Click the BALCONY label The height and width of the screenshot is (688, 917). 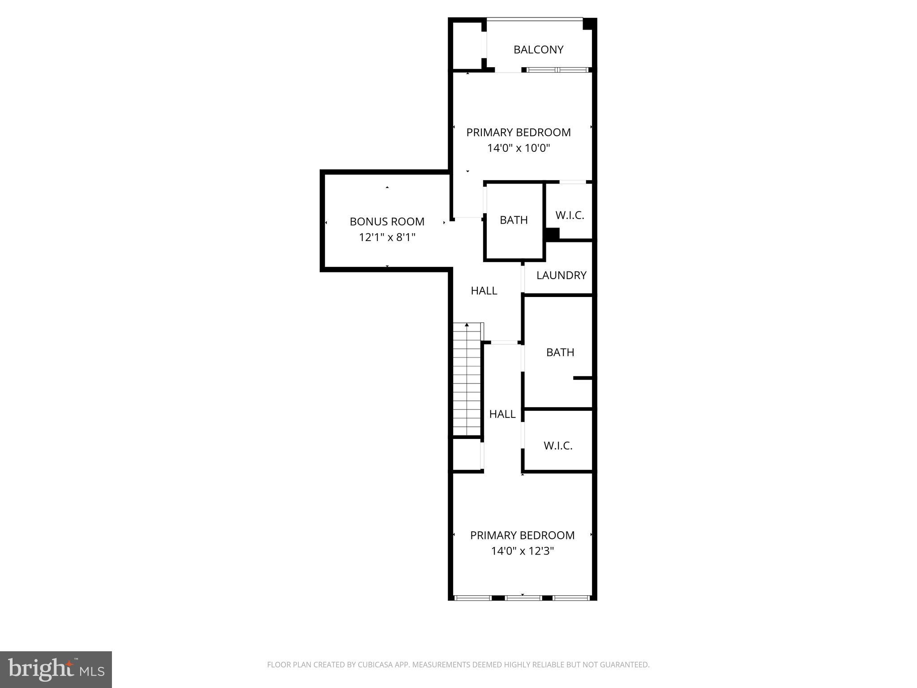click(x=538, y=50)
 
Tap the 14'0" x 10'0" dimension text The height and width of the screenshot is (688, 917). click(x=518, y=148)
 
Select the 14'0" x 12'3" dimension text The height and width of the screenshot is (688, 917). click(x=523, y=551)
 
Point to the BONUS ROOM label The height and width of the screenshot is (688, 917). click(x=387, y=222)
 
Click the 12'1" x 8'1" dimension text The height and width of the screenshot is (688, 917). click(x=387, y=237)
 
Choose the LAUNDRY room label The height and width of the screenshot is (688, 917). click(x=561, y=275)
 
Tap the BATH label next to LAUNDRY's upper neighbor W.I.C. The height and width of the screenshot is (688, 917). click(x=514, y=220)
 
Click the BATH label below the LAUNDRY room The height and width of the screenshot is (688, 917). click(x=560, y=353)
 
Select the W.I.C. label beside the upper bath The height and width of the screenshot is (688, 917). click(x=570, y=215)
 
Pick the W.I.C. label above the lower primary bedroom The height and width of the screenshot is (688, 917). click(x=558, y=446)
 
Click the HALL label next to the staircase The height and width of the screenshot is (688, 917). click(x=502, y=414)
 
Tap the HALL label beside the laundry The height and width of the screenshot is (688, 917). click(x=484, y=291)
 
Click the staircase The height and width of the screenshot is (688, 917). click(x=467, y=381)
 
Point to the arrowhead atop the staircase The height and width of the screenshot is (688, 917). click(x=467, y=324)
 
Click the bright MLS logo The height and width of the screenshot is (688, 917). click(x=56, y=670)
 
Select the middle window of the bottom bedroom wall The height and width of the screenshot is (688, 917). click(x=523, y=598)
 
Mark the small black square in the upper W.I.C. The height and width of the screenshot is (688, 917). click(x=553, y=234)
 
